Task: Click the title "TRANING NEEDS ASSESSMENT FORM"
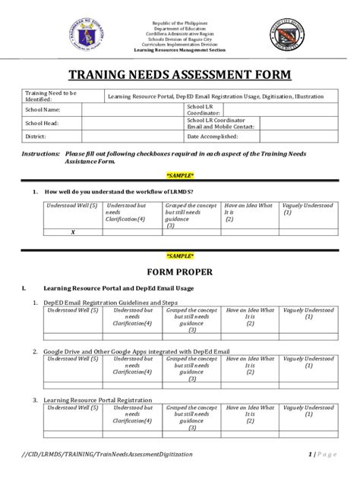[179, 77]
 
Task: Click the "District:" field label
[36, 137]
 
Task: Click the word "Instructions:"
[40, 153]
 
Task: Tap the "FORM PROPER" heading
[179, 272]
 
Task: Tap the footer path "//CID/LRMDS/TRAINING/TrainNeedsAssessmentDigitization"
[107, 454]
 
